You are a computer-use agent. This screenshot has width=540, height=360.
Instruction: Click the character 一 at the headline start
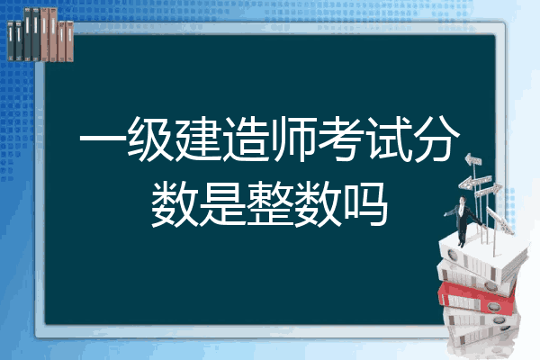coord(103,140)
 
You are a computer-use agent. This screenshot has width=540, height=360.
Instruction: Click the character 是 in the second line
coord(222,204)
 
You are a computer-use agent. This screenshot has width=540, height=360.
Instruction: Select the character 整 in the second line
coord(270,204)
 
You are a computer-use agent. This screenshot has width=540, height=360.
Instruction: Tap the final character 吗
coord(365,204)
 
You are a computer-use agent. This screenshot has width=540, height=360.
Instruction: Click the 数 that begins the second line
coord(175,204)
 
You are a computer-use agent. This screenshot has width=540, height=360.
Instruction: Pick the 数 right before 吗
coord(318,204)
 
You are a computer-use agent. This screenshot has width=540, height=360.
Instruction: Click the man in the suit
coord(463,220)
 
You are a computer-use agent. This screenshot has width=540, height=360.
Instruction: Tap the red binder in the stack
coord(477,297)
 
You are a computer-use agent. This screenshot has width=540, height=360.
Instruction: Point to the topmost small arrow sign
coord(473,160)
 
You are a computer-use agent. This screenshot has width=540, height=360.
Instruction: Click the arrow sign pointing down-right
coord(499,220)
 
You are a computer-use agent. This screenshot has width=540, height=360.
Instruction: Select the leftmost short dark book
coord(11,40)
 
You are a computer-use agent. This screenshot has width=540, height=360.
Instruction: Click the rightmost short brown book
coord(69,41)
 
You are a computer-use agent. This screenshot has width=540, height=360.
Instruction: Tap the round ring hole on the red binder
coord(493,306)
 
